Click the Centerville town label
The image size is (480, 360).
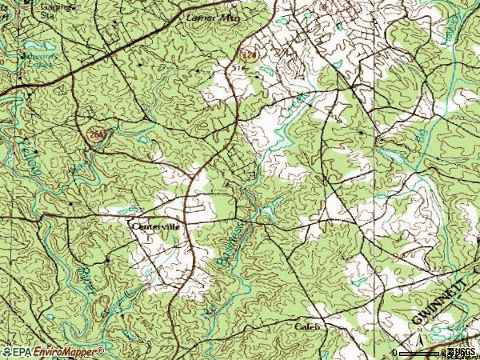[157, 226]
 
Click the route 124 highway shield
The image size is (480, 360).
[249, 54]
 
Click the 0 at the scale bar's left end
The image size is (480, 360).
[394, 352]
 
